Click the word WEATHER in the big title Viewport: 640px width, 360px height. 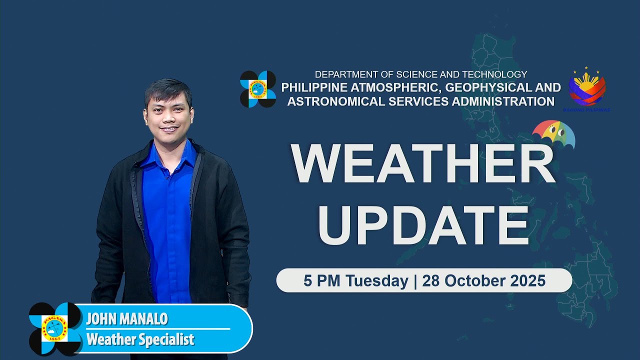423,164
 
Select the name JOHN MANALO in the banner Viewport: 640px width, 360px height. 126,319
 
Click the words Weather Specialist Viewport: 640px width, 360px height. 140,340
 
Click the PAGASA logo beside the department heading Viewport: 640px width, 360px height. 258,89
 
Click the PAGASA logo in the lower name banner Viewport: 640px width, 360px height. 55,328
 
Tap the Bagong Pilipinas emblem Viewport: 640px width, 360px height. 587,89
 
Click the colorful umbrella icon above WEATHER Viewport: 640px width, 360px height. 554,134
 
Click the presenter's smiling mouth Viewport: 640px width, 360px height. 168,129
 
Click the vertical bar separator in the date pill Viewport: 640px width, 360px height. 415,281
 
